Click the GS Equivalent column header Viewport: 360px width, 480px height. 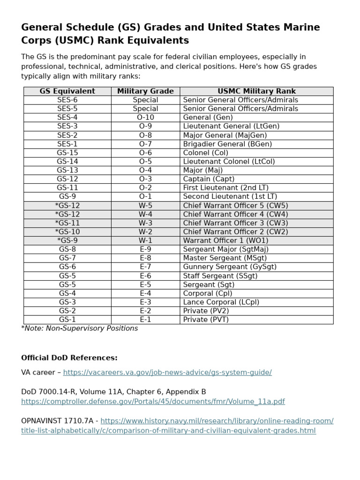67,91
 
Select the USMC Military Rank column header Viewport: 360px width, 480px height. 256,91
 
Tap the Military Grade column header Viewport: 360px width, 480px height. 145,91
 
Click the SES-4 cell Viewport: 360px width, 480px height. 67,117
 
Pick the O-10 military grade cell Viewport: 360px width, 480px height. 145,117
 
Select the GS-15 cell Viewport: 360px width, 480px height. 67,152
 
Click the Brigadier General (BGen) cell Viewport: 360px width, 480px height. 227,144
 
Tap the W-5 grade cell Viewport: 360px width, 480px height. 145,205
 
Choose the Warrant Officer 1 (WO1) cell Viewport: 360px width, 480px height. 225,240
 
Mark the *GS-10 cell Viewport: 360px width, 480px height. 67,232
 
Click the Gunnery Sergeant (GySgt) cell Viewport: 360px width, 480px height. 230,267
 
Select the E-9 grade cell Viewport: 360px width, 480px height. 145,249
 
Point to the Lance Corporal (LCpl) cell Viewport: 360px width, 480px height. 221,302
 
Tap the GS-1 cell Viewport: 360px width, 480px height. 67,319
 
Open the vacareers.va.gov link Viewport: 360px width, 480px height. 167,372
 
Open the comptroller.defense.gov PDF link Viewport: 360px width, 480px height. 153,402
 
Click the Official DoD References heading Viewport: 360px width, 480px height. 69,358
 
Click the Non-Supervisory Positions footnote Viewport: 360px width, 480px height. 80,328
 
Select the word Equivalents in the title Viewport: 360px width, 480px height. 159,40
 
